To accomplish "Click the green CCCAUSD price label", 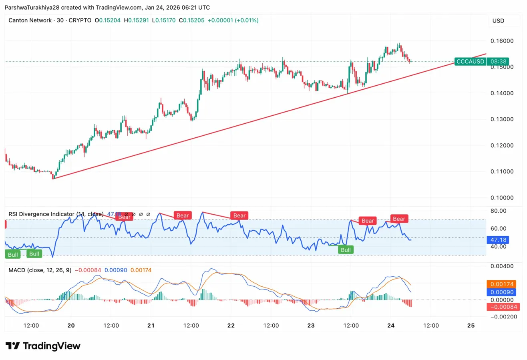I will click(x=470, y=62).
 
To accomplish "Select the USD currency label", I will click(x=498, y=21).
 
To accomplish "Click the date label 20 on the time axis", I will click(x=71, y=326).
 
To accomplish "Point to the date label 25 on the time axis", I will click(x=471, y=326).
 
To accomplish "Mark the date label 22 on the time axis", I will click(x=231, y=326).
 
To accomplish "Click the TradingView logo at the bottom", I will click(x=43, y=346).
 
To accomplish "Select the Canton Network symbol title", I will click(x=30, y=20).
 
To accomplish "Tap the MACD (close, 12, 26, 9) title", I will click(x=40, y=270).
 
